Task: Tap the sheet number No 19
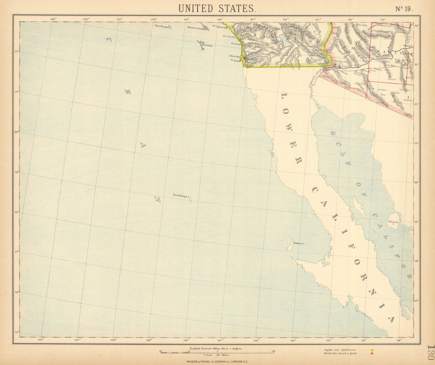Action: pyautogui.click(x=405, y=8)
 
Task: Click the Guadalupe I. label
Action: pyautogui.click(x=181, y=195)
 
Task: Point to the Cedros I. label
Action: pyautogui.click(x=298, y=244)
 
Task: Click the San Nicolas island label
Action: pyautogui.click(x=162, y=26)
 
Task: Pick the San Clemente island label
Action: pyautogui.click(x=206, y=44)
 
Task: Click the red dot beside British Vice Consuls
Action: pyautogui.click(x=372, y=354)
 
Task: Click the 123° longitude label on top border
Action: pyautogui.click(x=53, y=19)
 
